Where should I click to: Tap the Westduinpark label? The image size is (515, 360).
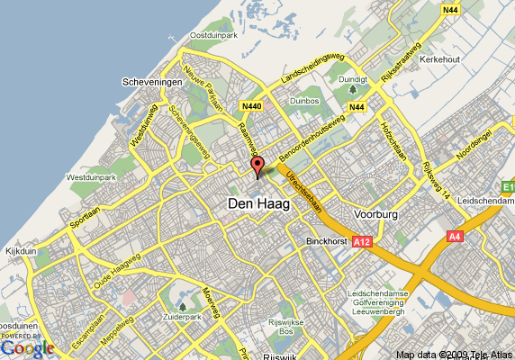pyautogui.click(x=91, y=177)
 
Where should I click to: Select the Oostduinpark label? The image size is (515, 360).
pyautogui.click(x=212, y=35)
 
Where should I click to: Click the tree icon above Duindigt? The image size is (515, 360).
pyautogui.click(x=354, y=90)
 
